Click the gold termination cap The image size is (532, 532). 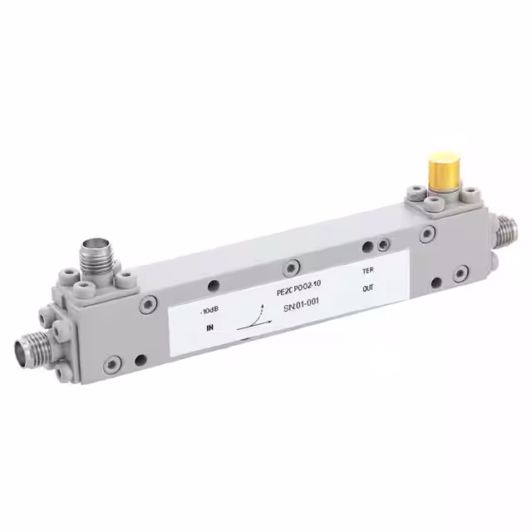click(444, 170)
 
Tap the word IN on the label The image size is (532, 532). click(210, 329)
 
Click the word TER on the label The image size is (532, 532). click(368, 272)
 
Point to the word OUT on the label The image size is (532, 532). click(369, 289)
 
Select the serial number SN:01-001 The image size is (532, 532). click(302, 308)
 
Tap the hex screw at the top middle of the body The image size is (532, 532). click(290, 268)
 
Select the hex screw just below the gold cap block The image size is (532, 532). click(427, 234)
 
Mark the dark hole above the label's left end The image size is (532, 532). click(214, 286)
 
